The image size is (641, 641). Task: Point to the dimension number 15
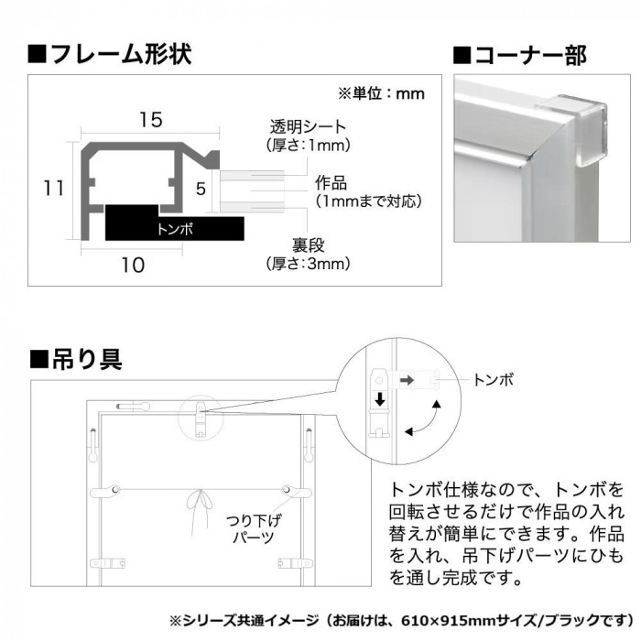(x=151, y=119)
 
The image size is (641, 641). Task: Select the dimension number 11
(x=54, y=189)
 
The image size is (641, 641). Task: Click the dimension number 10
(x=133, y=266)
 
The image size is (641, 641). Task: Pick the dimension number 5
(x=201, y=189)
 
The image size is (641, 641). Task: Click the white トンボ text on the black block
(x=175, y=229)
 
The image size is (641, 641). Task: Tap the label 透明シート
(x=308, y=126)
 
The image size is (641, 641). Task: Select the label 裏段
(x=309, y=245)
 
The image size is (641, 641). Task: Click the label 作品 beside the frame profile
(x=331, y=183)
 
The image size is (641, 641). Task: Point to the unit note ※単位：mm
(x=382, y=93)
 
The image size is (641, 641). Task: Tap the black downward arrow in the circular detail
(x=380, y=398)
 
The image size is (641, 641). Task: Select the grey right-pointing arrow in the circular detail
(x=407, y=380)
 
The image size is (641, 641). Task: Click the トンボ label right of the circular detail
(x=493, y=380)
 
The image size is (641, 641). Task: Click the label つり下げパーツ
(x=254, y=529)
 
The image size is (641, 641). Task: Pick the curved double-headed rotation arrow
(x=425, y=418)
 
